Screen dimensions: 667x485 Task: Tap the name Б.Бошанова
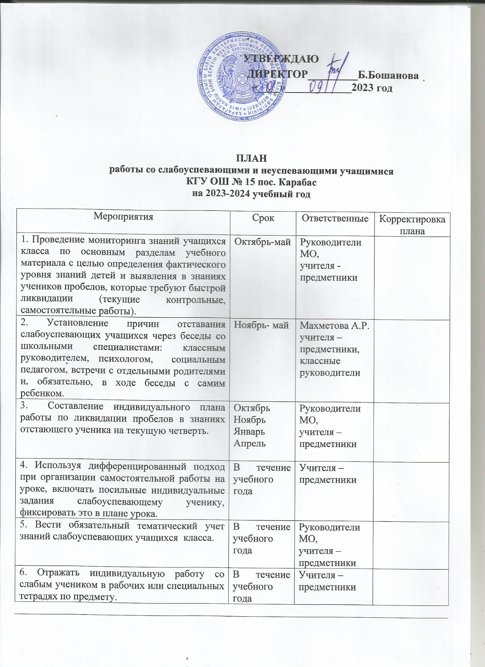tap(388, 76)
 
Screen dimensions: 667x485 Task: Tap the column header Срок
tap(263, 218)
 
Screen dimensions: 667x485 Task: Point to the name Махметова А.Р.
tap(334, 326)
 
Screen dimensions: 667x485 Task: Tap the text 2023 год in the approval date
tap(372, 88)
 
